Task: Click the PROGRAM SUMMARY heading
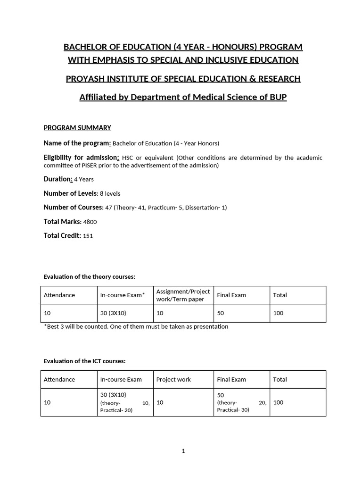77,127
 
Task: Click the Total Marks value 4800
90,222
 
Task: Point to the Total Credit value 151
88,236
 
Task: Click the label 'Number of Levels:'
71,193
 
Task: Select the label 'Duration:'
58,179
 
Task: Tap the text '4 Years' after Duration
84,179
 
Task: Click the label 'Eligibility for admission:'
82,158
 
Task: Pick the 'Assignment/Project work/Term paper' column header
183,295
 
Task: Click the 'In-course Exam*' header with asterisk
123,295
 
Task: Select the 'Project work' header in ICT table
173,379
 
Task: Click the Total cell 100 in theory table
278,313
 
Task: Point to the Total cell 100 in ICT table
278,402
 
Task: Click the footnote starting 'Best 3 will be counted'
137,326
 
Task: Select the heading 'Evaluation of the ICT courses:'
84,361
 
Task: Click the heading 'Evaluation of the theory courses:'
89,276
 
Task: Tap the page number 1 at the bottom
183,451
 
